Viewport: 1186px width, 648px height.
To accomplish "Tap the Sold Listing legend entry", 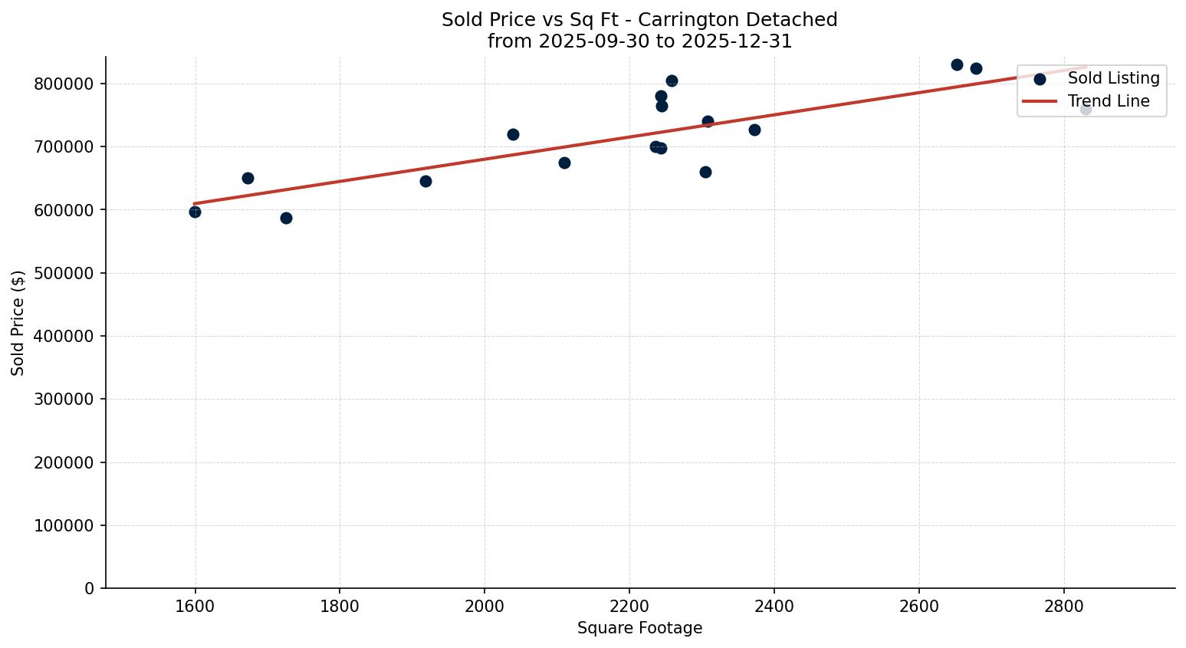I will pyautogui.click(x=1113, y=78).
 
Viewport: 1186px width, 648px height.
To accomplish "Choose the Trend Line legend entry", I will pyautogui.click(x=1108, y=101).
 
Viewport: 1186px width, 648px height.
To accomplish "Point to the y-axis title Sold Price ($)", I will pyautogui.click(x=18, y=323).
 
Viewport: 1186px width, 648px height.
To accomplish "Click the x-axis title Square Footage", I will pyautogui.click(x=639, y=628).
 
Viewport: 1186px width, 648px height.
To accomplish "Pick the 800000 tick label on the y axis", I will pyautogui.click(x=64, y=84).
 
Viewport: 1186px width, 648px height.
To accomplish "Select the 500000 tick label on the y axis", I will pyautogui.click(x=64, y=273).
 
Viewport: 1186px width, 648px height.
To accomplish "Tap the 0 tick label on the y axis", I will pyautogui.click(x=90, y=588).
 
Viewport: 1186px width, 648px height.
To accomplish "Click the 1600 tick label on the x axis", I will pyautogui.click(x=195, y=606).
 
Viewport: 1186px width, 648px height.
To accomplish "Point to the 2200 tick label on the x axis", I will pyautogui.click(x=629, y=606).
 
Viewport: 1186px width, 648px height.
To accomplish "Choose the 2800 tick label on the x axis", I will pyautogui.click(x=1064, y=606).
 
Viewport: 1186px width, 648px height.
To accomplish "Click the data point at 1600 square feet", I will pyautogui.click(x=195, y=212).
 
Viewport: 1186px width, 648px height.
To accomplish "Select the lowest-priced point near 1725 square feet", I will pyautogui.click(x=286, y=218).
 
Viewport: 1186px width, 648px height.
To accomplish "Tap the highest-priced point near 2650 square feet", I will pyautogui.click(x=957, y=64).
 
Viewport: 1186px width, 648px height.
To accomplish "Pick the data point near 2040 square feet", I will pyautogui.click(x=513, y=134).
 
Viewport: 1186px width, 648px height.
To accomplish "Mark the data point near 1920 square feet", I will pyautogui.click(x=425, y=181).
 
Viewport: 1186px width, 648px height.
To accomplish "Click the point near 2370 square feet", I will pyautogui.click(x=754, y=130).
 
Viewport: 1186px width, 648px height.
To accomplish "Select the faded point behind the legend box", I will pyautogui.click(x=1086, y=109).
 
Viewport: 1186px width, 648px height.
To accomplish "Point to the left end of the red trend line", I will pyautogui.click(x=195, y=203).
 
